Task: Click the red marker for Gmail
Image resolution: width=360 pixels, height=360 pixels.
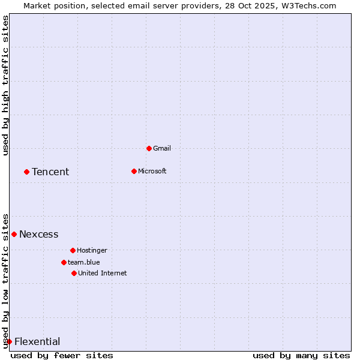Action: [149, 148]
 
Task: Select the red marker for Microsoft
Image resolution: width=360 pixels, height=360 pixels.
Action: [134, 171]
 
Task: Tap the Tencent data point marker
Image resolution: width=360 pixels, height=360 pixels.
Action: [26, 172]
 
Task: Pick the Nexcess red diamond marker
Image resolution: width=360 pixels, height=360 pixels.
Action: [14, 234]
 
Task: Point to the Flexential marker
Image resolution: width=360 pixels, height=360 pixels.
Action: [9, 341]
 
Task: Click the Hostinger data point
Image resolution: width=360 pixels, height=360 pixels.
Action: [73, 250]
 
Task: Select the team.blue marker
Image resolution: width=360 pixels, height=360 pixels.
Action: [64, 262]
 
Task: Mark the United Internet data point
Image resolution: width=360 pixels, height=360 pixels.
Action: [74, 273]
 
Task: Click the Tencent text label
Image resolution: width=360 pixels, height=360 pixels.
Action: [50, 172]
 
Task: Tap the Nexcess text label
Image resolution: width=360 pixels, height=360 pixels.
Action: [39, 235]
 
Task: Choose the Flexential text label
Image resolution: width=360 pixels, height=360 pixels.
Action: [37, 342]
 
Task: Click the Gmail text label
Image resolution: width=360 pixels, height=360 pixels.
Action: [162, 148]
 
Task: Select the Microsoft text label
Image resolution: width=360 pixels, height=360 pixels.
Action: [152, 171]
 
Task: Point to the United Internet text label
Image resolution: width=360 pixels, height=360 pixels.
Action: [103, 273]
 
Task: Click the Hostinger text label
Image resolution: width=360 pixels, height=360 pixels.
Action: [92, 250]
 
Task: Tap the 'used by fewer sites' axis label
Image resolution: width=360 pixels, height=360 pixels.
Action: [62, 355]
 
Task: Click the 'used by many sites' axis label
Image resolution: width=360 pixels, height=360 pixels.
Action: [301, 355]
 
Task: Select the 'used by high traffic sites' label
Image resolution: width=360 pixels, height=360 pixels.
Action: [5, 85]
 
